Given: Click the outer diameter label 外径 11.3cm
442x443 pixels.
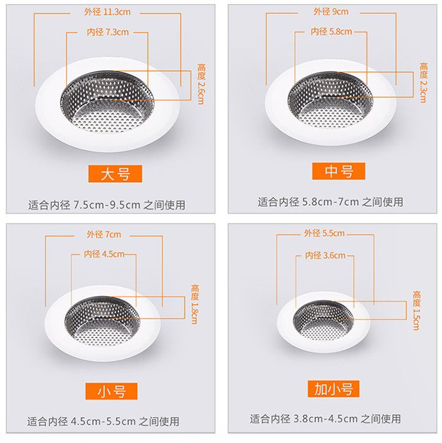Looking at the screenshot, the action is [107, 12].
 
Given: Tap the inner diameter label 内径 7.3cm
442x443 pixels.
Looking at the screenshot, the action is [107, 32].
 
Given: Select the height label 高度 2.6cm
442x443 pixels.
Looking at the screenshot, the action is [201, 84].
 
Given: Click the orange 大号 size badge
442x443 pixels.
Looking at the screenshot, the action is [115, 174].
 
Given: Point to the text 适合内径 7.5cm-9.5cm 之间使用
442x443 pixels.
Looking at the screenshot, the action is [107, 205].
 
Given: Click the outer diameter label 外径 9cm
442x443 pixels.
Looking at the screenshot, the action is [331, 12].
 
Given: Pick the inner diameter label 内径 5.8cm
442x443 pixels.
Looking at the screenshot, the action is [331, 32].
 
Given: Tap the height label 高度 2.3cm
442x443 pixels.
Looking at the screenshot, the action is [423, 83].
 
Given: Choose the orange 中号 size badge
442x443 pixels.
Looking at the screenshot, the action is [339, 171].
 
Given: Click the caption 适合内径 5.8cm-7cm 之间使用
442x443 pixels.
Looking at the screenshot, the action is [331, 202].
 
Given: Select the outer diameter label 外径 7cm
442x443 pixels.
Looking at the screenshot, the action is [104, 235].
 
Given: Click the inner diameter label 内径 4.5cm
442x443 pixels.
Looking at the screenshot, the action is [104, 254].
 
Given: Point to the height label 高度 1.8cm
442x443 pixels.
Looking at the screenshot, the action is [194, 304].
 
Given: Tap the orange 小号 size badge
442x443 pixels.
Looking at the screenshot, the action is [111, 391].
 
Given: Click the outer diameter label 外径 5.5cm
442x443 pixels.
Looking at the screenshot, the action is [324, 234].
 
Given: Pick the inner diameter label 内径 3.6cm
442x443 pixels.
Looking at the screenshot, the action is [325, 255].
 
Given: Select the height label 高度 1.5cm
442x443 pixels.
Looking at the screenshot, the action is [417, 310].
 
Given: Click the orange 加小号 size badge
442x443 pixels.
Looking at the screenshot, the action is [334, 389].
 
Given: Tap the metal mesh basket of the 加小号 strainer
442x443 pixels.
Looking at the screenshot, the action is [323, 320].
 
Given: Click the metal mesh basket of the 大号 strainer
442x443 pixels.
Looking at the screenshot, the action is [107, 101].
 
